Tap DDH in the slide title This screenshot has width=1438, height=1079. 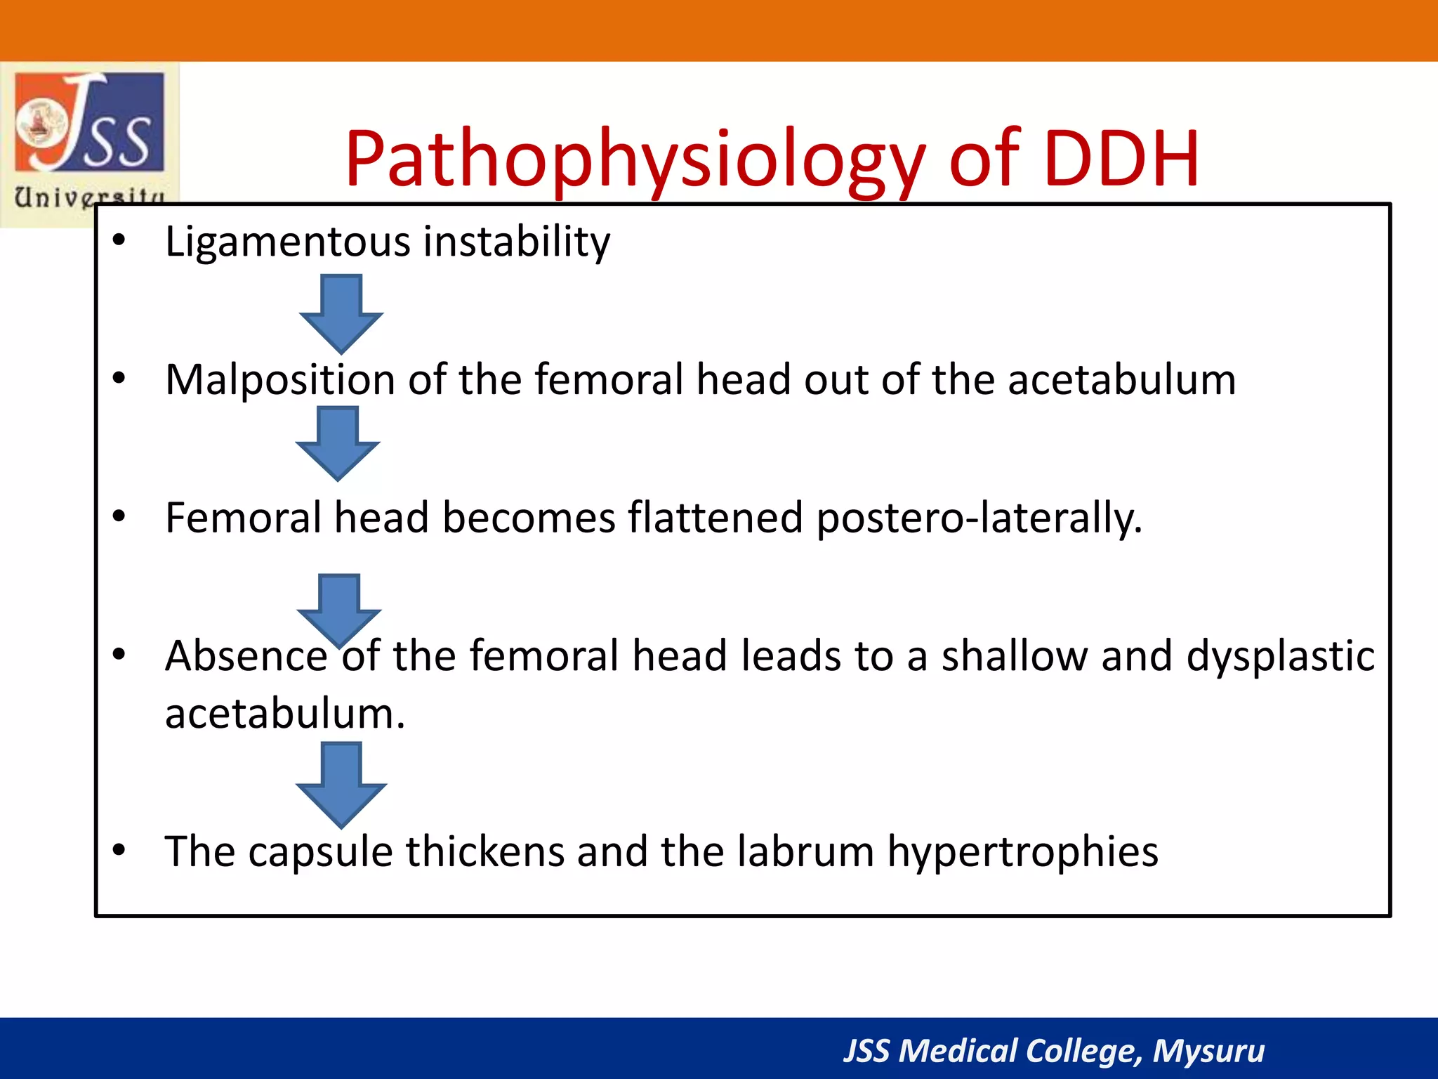pos(1121,160)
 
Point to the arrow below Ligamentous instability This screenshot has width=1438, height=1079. pos(341,313)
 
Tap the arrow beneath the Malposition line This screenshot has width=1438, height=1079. pos(338,444)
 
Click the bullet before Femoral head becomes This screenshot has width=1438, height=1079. pos(119,517)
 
